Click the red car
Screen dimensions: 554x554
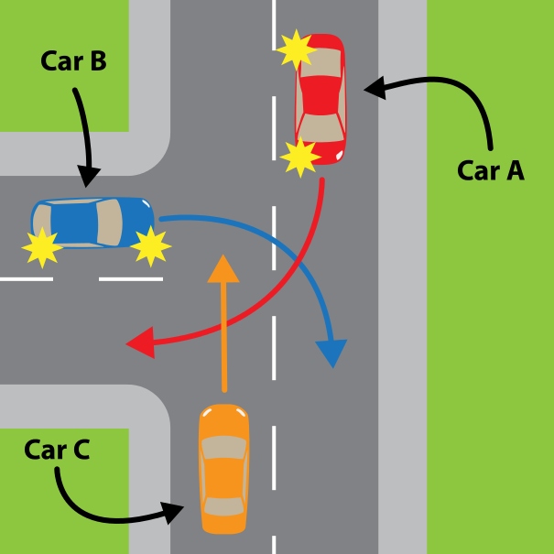(x=320, y=98)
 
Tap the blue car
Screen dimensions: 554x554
(x=91, y=223)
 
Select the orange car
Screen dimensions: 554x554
(x=223, y=469)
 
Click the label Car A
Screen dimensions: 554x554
(x=490, y=169)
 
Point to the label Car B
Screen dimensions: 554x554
(x=73, y=62)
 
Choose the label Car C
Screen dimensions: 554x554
(x=56, y=450)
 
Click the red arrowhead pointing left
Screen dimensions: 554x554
(x=138, y=344)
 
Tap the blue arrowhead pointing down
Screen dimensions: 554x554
(x=331, y=353)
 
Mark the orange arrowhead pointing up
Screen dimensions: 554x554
(x=223, y=268)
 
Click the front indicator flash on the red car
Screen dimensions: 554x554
(x=299, y=158)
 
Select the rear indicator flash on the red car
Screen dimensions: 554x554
(x=296, y=49)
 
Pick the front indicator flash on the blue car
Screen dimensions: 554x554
(x=150, y=245)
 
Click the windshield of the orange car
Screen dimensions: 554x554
(x=224, y=448)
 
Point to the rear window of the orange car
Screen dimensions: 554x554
(x=223, y=505)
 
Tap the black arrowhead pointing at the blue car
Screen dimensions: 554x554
(x=89, y=178)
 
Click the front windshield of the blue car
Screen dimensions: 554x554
(x=110, y=222)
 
